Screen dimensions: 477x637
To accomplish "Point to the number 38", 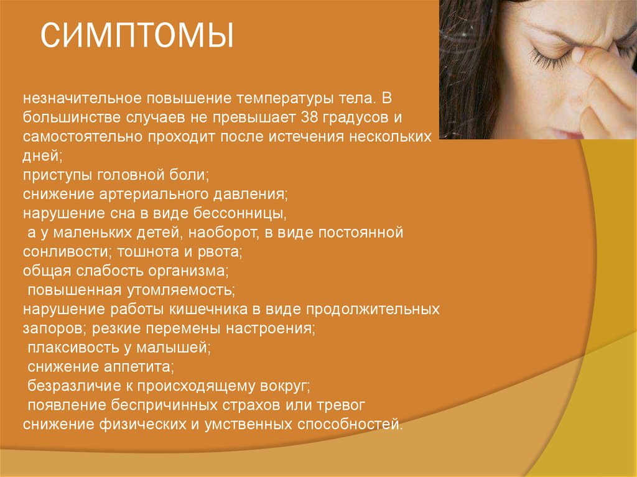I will [309, 118].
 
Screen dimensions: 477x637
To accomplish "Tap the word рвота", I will [221, 252].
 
